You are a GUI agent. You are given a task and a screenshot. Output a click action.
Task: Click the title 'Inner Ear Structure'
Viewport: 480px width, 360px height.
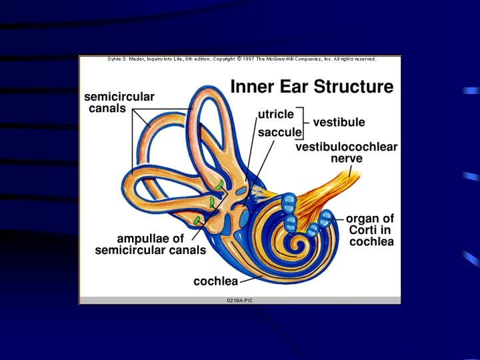311,87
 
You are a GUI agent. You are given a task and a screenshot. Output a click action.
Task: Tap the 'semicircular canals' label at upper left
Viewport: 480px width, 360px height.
119,102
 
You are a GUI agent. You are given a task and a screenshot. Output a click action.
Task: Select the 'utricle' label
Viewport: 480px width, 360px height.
276,115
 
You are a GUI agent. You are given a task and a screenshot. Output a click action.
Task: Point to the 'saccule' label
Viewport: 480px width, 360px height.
280,133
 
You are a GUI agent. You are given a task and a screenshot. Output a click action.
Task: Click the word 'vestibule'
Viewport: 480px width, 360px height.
339,122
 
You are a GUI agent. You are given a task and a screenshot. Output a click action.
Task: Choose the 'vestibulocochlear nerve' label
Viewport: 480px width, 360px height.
346,153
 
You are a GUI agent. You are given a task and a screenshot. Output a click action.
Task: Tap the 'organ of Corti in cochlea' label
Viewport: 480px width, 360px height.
371,230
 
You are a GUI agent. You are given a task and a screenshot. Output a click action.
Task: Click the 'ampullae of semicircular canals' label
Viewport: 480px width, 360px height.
151,244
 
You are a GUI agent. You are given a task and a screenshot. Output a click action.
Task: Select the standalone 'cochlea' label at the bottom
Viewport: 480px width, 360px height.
216,281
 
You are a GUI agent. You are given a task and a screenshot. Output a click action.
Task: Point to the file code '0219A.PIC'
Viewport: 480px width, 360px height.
240,301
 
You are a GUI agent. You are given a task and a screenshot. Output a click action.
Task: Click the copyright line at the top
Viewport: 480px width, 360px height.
242,59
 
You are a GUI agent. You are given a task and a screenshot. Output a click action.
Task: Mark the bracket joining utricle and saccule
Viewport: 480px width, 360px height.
307,123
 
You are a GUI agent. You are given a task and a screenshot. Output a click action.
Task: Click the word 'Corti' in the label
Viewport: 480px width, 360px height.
361,230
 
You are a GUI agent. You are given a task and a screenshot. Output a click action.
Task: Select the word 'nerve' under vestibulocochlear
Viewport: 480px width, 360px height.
347,159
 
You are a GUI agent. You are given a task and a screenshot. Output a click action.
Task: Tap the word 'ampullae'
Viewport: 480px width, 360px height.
141,238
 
